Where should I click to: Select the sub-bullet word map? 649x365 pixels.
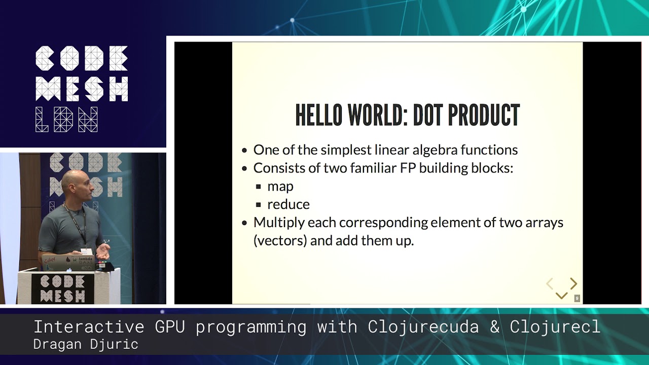[280, 187]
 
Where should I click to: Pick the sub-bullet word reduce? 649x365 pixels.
[289, 204]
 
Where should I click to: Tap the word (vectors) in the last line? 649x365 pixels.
[280, 240]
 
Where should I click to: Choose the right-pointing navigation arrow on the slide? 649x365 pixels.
[573, 283]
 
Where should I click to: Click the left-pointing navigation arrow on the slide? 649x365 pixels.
[550, 284]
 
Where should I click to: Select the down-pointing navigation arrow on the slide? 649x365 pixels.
[561, 296]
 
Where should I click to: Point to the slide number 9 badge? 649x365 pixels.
[577, 299]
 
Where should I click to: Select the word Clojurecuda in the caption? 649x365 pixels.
[423, 327]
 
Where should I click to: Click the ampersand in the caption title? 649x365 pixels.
[495, 327]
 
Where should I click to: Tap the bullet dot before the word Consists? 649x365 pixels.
[244, 168]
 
